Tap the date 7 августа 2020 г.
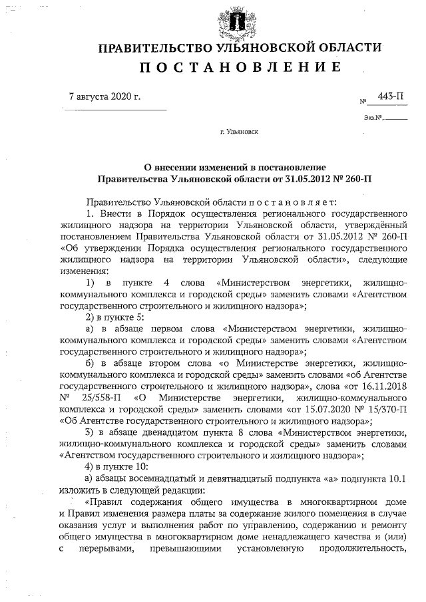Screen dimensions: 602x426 pyautogui.click(x=105, y=97)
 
